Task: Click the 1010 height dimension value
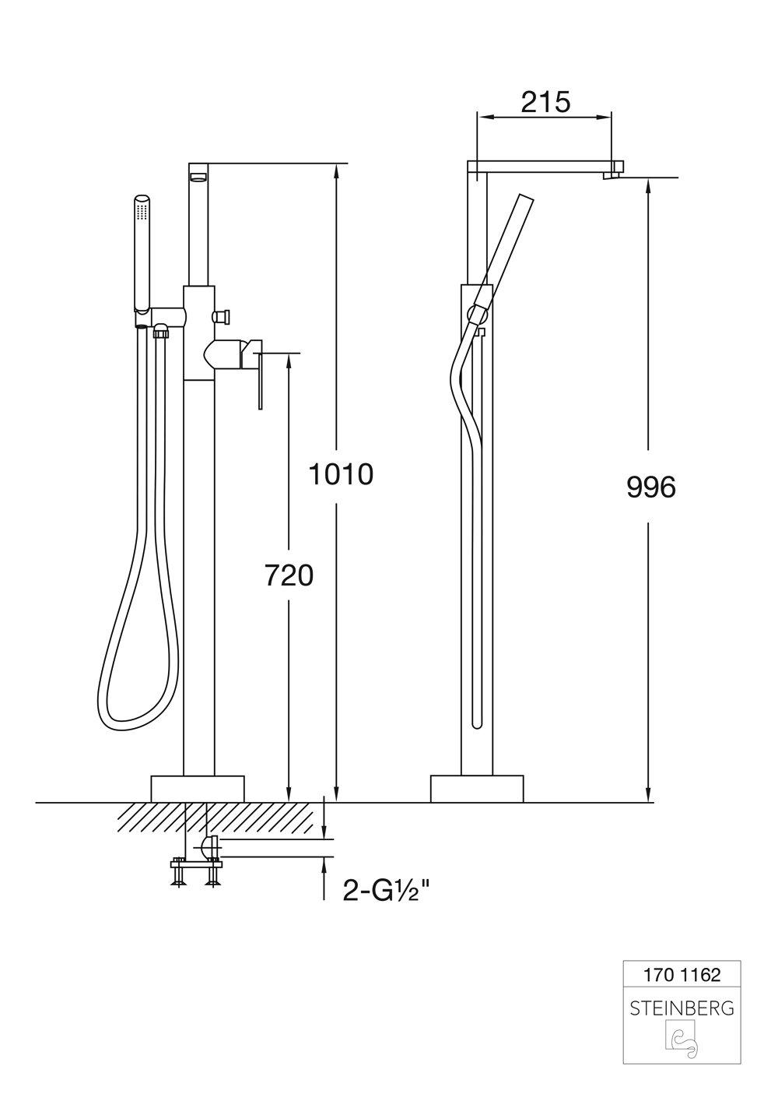coord(341,474)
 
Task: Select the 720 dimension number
coord(289,575)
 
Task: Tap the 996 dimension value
coord(651,487)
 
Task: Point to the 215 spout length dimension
coord(545,102)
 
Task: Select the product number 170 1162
coord(682,974)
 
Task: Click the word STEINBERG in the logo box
coord(682,1008)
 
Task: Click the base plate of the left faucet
coord(198,789)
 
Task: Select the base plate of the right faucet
coord(477,789)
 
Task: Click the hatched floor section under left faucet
coord(218,818)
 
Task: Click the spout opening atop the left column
coord(200,178)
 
